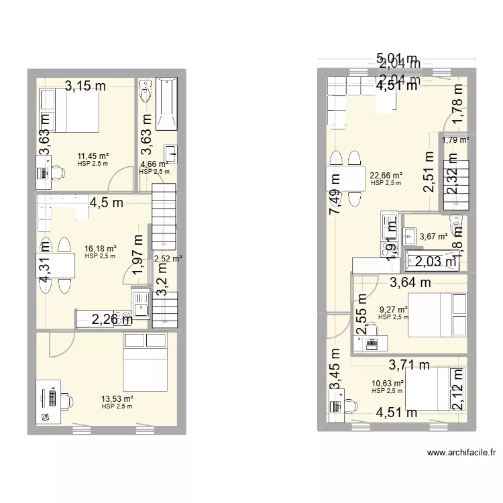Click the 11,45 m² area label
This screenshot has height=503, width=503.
(x=93, y=156)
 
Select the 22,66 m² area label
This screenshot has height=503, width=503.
(x=386, y=176)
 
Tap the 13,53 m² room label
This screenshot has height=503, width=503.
(x=117, y=399)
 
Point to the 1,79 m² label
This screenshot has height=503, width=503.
(x=455, y=140)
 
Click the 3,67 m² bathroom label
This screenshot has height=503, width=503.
(x=433, y=236)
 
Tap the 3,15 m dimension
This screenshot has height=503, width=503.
(x=85, y=85)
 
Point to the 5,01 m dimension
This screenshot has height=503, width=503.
(x=396, y=58)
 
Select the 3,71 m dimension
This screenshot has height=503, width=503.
(x=409, y=365)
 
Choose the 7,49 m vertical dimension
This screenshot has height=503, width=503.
(x=333, y=201)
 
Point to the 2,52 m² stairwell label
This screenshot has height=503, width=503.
(x=167, y=258)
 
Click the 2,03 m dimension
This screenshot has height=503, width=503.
(x=435, y=262)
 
